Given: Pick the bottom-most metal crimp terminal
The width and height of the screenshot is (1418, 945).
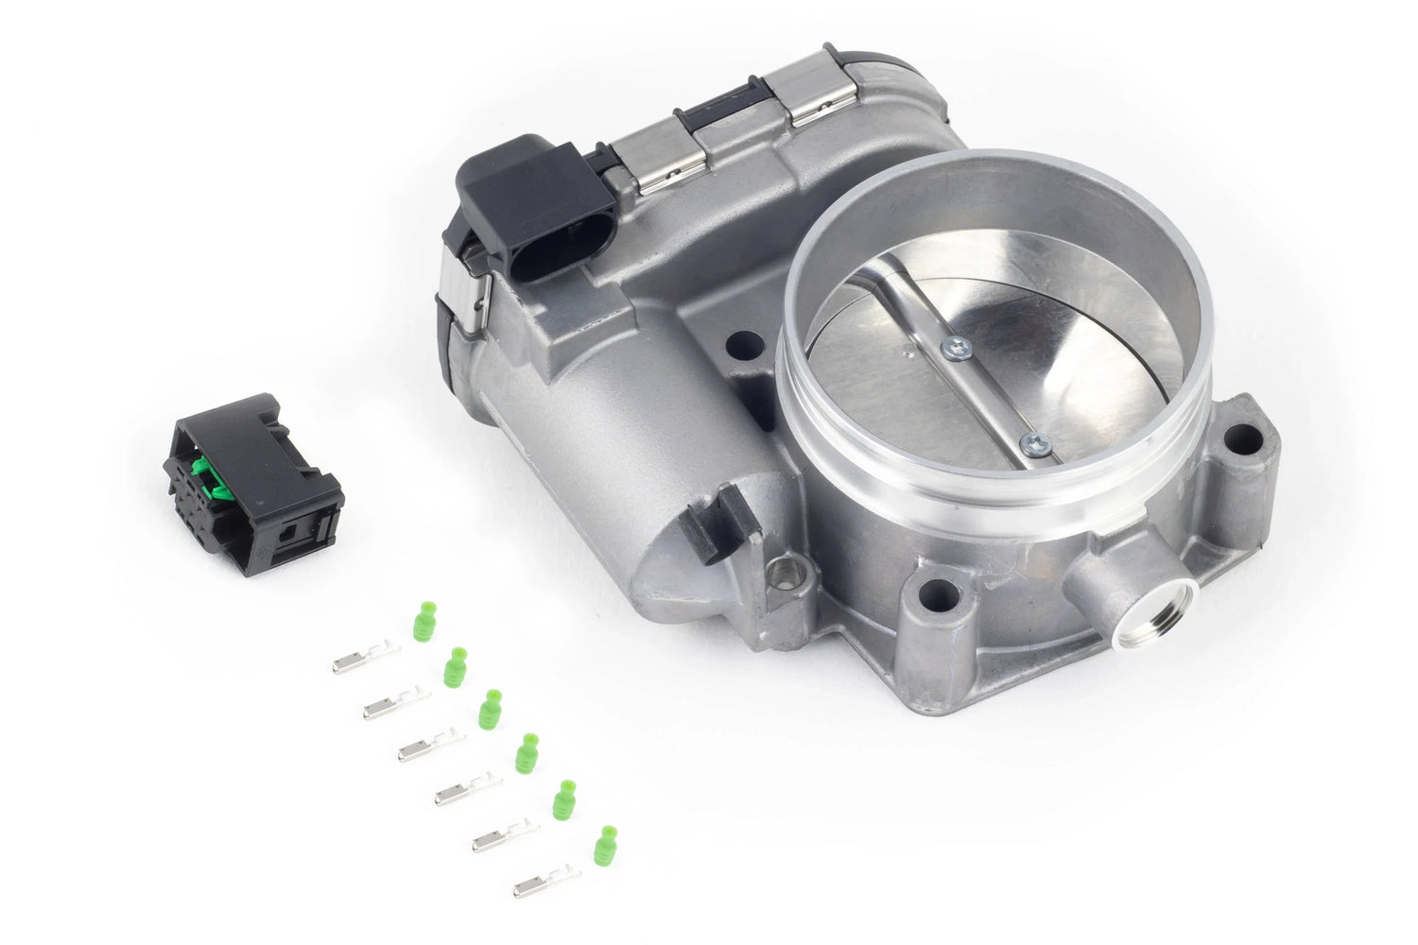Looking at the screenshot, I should (545, 884).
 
